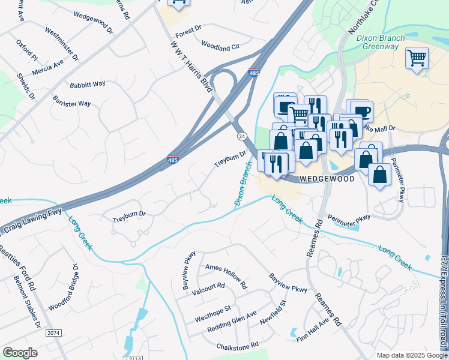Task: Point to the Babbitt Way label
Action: (88, 85)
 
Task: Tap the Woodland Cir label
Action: (220, 46)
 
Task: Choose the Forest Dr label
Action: (188, 28)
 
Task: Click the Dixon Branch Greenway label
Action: (381, 42)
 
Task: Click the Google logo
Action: (20, 353)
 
